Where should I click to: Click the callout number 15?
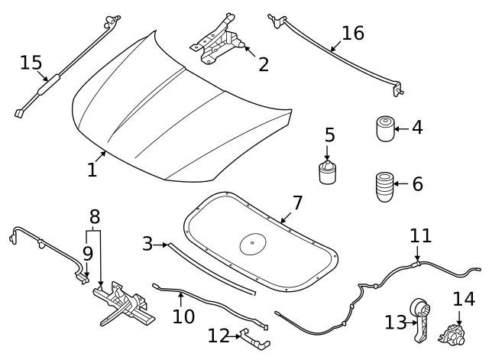[31, 62]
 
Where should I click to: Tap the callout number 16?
[352, 33]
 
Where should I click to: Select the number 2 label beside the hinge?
[263, 64]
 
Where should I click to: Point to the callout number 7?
[297, 203]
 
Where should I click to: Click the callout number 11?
[420, 235]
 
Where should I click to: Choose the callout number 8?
[95, 217]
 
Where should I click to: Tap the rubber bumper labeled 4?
[385, 128]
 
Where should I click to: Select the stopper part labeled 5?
[328, 173]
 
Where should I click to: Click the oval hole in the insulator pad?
[251, 245]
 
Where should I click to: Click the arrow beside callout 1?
[101, 157]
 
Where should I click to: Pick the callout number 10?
[183, 316]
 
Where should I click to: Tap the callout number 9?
[88, 253]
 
